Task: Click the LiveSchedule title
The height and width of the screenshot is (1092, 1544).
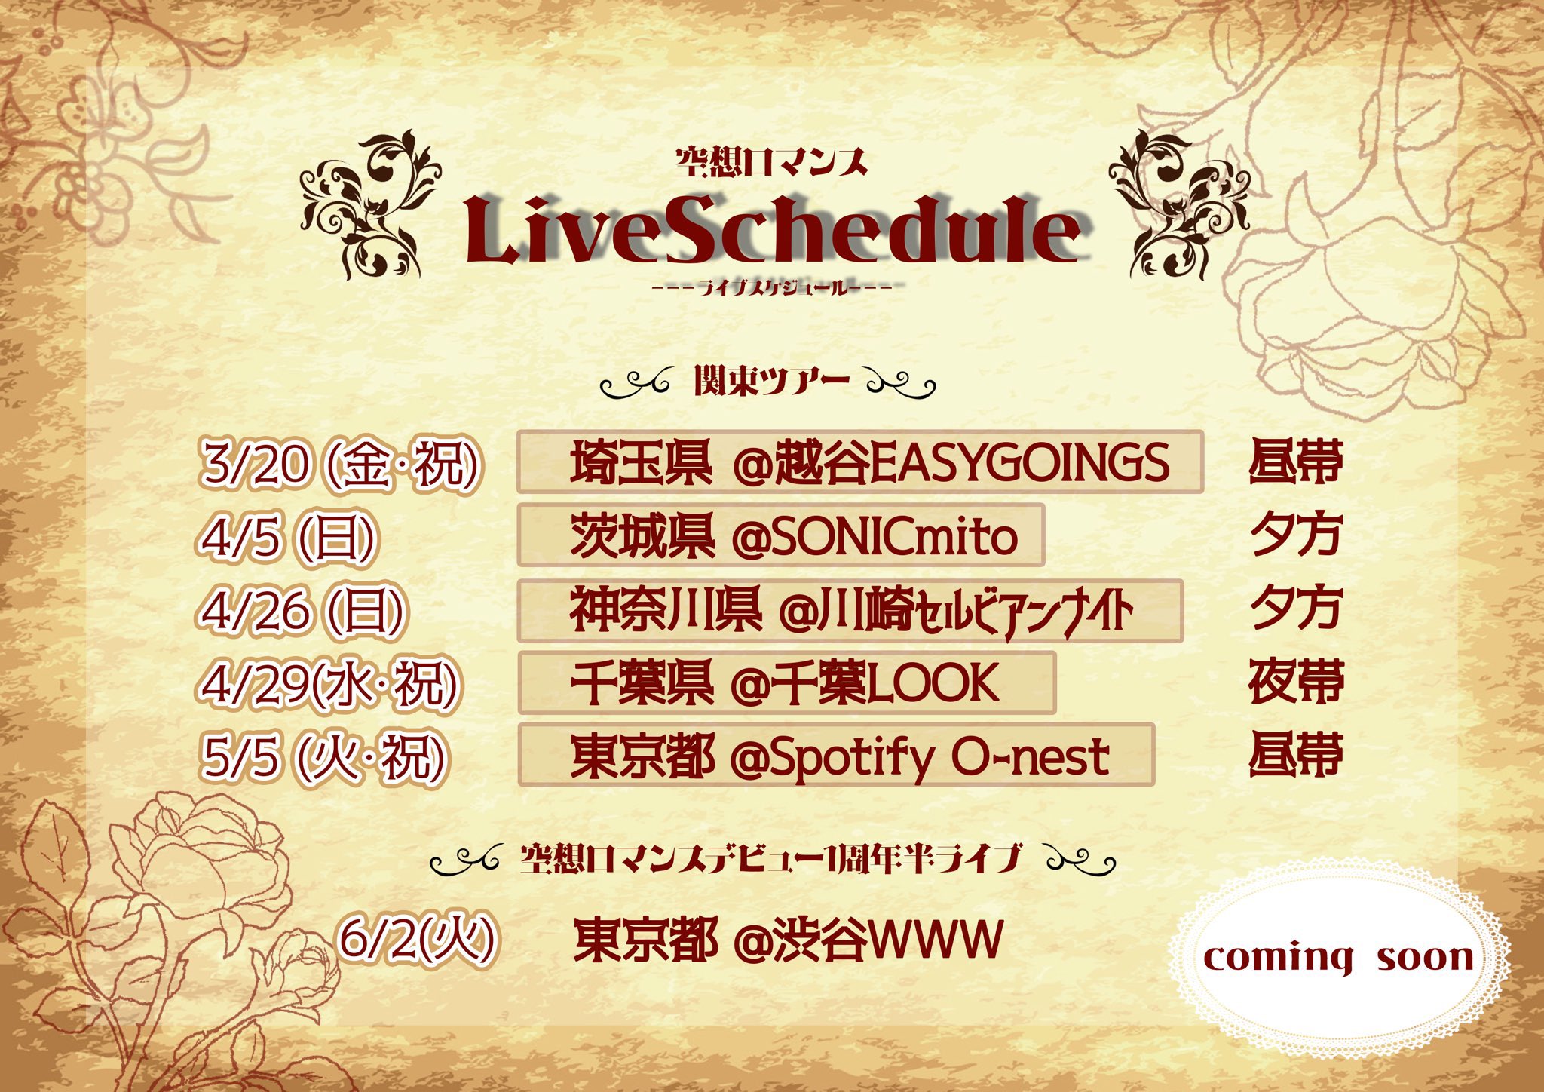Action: [777, 229]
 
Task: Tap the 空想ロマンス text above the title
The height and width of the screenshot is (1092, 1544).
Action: [771, 162]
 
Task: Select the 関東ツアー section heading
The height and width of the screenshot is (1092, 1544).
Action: [771, 381]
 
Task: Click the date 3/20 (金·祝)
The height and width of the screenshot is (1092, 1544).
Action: [340, 463]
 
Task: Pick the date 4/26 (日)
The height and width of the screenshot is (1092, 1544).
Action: [302, 611]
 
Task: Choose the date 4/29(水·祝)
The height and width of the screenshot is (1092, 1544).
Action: [329, 684]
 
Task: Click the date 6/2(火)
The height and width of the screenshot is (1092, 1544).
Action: [418, 939]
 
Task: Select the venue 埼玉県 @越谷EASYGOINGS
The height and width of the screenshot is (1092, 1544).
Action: [870, 462]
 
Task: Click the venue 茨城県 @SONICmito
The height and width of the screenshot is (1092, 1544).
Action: [794, 536]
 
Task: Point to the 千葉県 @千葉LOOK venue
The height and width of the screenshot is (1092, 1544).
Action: [785, 682]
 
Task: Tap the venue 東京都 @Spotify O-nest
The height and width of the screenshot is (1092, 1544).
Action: [840, 756]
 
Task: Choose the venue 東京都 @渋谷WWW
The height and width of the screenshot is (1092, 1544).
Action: [789, 940]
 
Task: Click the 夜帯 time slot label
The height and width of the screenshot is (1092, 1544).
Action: [1295, 682]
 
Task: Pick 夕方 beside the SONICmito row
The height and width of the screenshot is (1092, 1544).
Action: [1295, 535]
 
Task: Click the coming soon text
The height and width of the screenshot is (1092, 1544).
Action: [1338, 959]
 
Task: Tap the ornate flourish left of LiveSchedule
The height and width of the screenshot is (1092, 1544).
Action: [369, 205]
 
